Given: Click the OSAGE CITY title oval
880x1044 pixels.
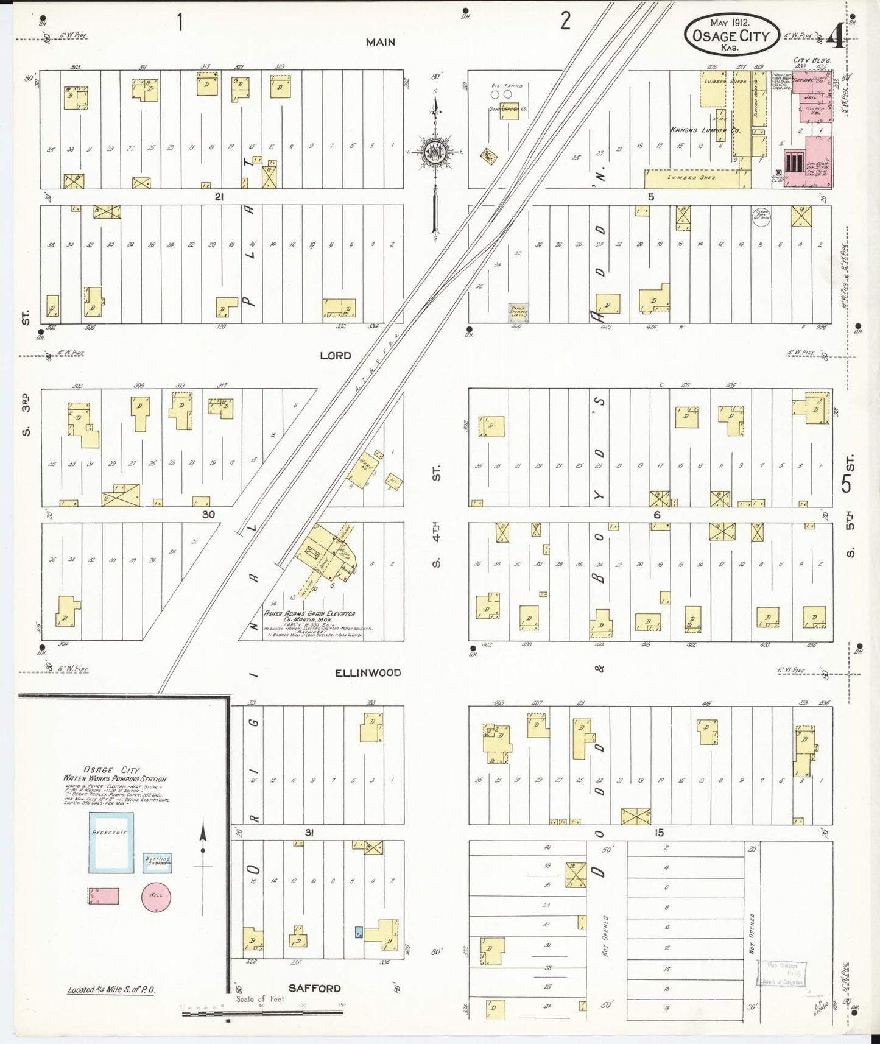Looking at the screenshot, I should point(731,35).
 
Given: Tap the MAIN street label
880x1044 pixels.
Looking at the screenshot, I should point(380,42).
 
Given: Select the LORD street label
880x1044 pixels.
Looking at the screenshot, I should point(336,355).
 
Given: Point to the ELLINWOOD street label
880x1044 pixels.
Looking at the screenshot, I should point(368,672).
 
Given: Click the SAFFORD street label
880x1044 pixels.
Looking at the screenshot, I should point(314,988).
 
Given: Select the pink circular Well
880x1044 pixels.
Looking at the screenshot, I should point(156,896).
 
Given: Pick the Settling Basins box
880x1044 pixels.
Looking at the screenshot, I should point(157,862).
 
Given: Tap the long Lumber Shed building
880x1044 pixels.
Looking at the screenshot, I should point(691,178).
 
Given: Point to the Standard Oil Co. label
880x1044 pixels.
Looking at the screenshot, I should point(507,109).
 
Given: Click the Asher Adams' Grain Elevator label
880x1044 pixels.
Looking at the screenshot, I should point(309,613).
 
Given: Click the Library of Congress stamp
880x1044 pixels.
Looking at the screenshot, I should point(781,973).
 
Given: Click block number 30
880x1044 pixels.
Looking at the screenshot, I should point(208,515).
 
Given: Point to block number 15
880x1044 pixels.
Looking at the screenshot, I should point(658,833).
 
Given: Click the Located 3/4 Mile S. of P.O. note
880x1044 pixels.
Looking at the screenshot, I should point(111,990).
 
